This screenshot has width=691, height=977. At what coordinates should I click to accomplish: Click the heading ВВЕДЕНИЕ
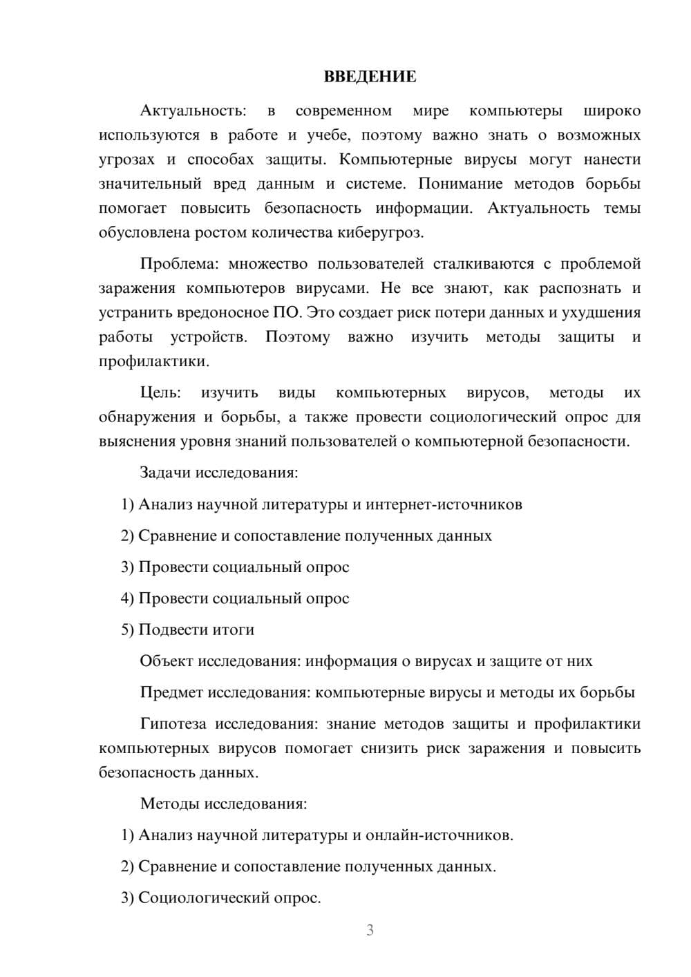pos(370,77)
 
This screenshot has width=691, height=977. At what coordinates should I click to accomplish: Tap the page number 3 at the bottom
pos(370,930)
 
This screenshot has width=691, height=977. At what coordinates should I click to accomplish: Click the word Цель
pos(160,393)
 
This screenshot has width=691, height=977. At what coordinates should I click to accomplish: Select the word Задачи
pos(165,473)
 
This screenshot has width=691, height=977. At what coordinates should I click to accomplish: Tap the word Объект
pos(167,661)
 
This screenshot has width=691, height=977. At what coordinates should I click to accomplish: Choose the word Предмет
pos(171,693)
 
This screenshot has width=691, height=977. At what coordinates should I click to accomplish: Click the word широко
pos(612,111)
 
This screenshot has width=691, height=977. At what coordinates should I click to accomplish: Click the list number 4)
pos(127,599)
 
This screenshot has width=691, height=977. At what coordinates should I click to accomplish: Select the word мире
pos(430,111)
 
